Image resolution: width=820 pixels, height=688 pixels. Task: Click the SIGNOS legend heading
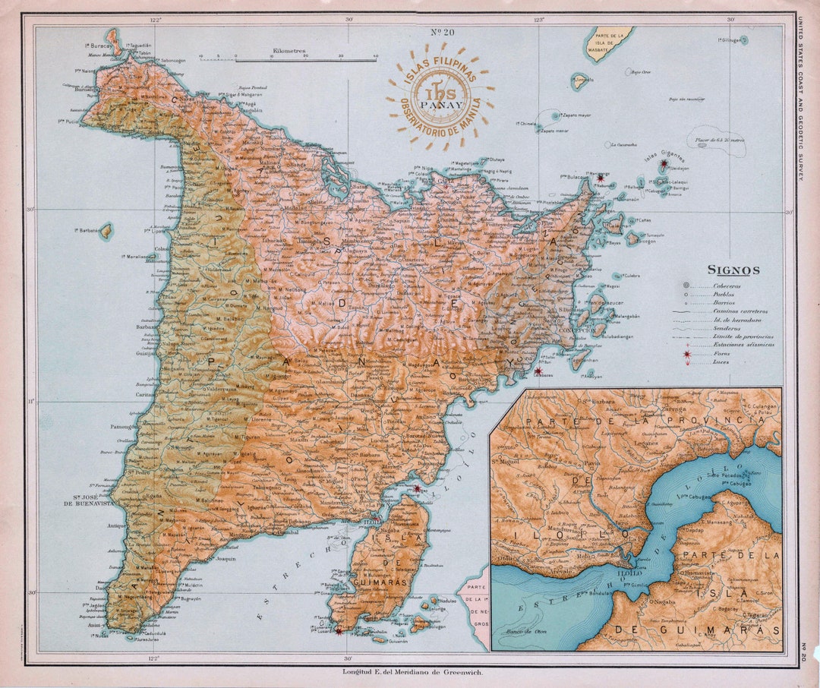point(733,270)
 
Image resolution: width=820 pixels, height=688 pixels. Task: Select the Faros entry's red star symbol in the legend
point(687,355)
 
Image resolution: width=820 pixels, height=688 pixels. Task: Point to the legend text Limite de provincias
point(743,336)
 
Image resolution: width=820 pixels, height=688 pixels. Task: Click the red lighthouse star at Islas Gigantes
point(664,163)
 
